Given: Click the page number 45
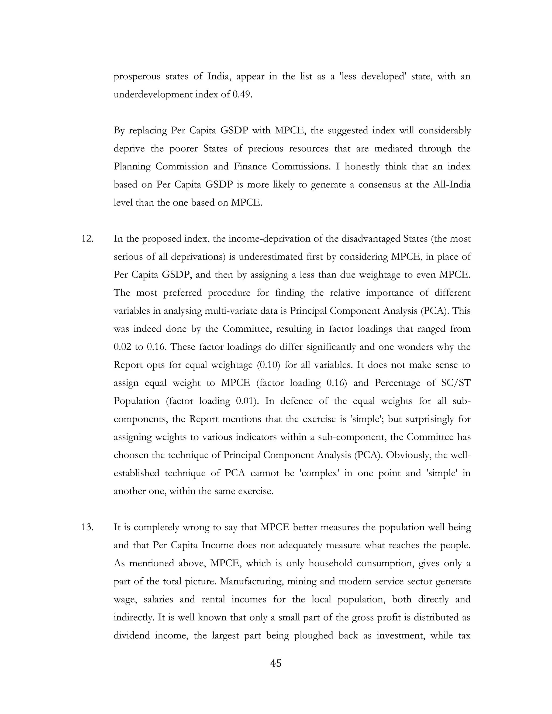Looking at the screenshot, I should [x=276, y=663].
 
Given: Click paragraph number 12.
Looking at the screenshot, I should [x=87, y=239].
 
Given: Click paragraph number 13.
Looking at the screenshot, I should [x=87, y=527].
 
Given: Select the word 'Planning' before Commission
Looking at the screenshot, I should [x=132, y=167].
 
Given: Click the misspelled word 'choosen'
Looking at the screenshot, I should [x=130, y=455].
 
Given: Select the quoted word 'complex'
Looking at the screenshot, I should [x=319, y=473].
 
